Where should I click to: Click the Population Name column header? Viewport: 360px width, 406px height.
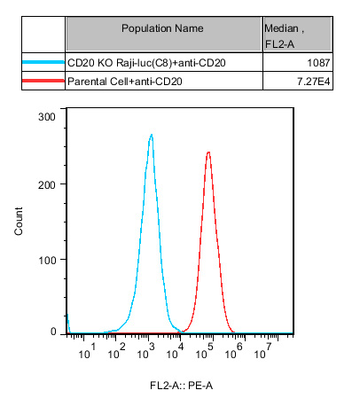click(162, 28)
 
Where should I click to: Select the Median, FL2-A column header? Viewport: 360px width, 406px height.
click(284, 36)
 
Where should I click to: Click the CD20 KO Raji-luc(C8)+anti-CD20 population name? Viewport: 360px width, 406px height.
click(146, 63)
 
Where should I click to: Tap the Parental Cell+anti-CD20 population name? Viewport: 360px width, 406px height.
click(125, 82)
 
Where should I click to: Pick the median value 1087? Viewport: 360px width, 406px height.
click(318, 63)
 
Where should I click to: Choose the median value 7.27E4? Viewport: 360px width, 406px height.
click(314, 82)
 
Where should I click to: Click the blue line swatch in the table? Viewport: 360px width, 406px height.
click(43, 62)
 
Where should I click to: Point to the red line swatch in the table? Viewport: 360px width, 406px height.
click(43, 81)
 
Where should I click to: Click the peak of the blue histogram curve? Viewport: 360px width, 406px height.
click(152, 135)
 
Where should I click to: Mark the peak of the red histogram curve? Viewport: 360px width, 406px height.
click(208, 152)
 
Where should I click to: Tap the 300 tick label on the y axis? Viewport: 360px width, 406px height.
click(47, 117)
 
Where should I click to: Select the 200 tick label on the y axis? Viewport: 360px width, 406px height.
click(47, 185)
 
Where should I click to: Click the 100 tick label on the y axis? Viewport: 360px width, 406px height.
click(47, 261)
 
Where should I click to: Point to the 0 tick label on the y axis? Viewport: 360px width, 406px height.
click(53, 332)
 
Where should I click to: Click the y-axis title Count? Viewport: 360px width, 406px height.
click(19, 221)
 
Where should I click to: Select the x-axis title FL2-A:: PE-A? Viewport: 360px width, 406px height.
click(181, 386)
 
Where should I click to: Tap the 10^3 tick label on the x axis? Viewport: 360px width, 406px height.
click(146, 351)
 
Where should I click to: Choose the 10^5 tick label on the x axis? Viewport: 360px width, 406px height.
click(205, 351)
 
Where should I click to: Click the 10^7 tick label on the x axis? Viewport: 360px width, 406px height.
click(263, 351)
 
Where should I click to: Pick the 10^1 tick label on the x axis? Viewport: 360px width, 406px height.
click(87, 351)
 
